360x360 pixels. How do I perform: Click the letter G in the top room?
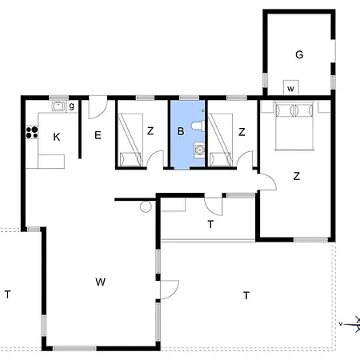[x=299, y=55]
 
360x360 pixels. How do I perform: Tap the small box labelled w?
[x=290, y=88]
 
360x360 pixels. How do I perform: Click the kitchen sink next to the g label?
[x=58, y=106]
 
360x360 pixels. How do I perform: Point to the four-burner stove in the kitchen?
[x=33, y=134]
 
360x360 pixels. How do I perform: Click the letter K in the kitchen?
[x=56, y=138]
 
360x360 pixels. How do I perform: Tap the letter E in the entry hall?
[x=98, y=136]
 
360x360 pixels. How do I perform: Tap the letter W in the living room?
[x=100, y=282]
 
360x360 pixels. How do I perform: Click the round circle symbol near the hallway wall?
[x=146, y=207]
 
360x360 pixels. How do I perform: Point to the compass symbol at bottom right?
[x=349, y=322]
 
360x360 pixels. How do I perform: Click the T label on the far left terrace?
[x=7, y=294]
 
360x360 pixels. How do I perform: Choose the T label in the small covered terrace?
[x=210, y=225]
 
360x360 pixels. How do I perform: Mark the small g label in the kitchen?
[x=71, y=106]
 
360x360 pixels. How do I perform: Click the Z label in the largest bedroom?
[x=296, y=176]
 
